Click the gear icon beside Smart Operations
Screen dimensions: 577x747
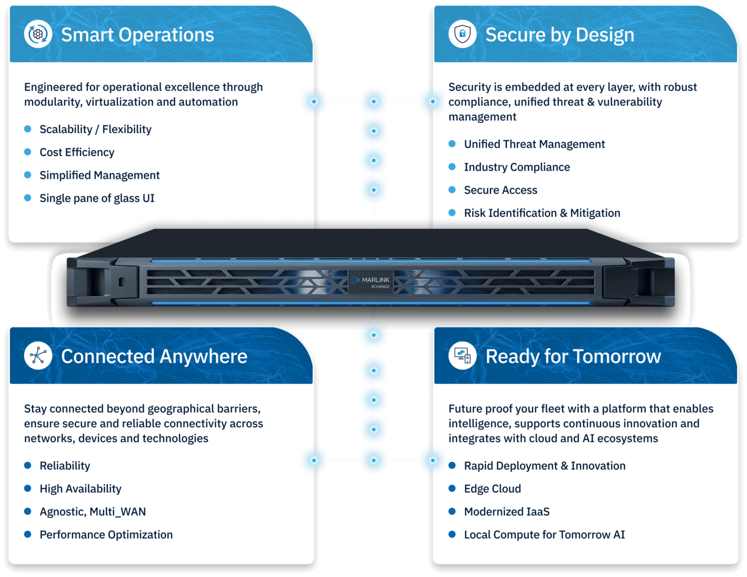click(38, 34)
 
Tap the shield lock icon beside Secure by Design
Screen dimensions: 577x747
click(462, 34)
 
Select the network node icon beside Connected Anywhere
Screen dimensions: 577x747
click(38, 356)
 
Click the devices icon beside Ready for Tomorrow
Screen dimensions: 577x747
click(462, 356)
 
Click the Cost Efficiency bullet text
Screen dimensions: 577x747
click(77, 152)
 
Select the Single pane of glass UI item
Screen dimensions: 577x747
click(97, 198)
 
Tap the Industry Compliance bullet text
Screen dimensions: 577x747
click(517, 167)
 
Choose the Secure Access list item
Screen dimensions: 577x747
click(501, 190)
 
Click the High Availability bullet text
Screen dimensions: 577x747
click(80, 488)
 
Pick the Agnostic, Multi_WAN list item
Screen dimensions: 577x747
click(92, 512)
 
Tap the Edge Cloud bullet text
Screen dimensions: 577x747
click(492, 488)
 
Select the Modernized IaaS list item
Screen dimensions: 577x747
click(507, 512)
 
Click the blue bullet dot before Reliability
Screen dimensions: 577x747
click(28, 465)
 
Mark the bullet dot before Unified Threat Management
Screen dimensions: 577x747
click(452, 144)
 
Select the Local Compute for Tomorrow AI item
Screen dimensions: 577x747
click(544, 534)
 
